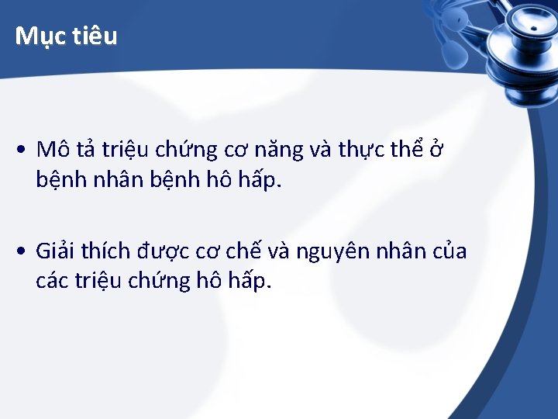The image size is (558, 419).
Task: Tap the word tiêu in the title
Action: (x=96, y=36)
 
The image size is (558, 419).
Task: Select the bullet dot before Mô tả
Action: (x=26, y=150)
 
